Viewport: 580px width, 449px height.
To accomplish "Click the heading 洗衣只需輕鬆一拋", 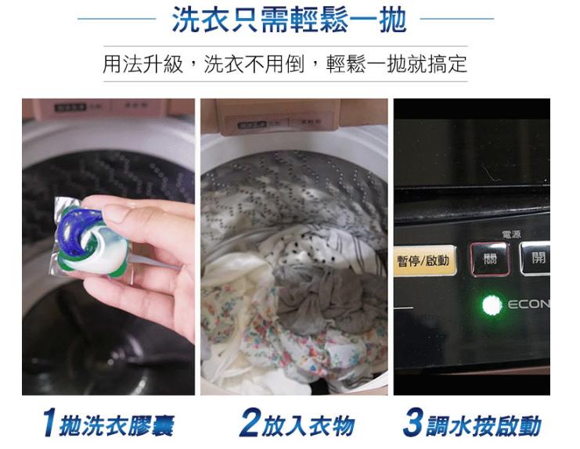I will (x=290, y=20).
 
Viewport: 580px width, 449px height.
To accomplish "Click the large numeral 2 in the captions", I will (x=249, y=424).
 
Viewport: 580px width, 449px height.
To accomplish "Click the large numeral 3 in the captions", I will (x=412, y=424).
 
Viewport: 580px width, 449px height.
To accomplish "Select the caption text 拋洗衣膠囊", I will (x=118, y=426).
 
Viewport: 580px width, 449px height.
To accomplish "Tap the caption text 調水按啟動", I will (x=483, y=426).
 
